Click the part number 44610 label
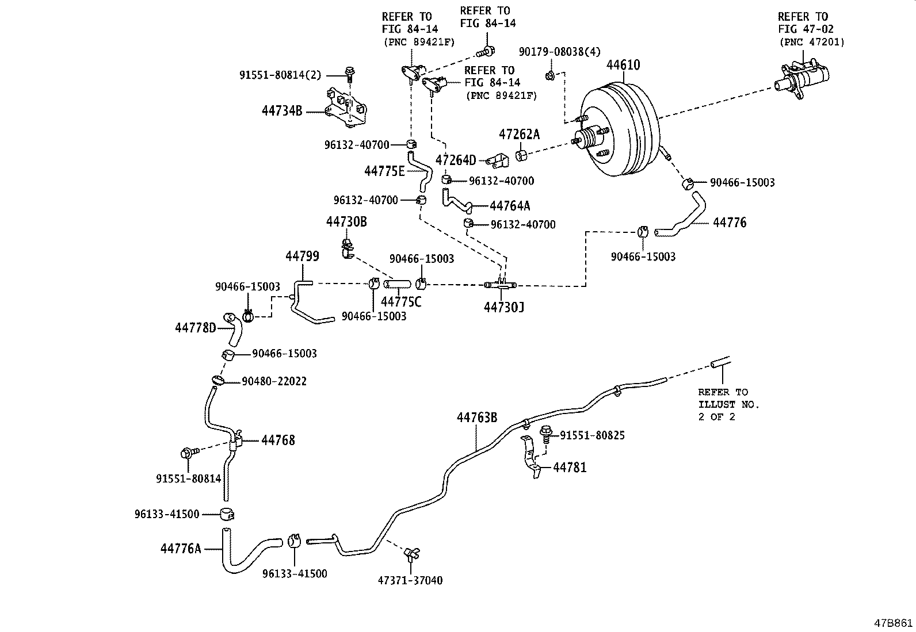(623, 65)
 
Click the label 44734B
(281, 111)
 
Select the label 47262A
(519, 135)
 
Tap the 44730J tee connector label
(503, 307)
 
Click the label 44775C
(400, 301)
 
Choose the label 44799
(302, 256)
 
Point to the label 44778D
(195, 328)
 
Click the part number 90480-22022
(274, 381)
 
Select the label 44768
(278, 441)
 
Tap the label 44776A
(181, 549)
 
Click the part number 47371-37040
(410, 580)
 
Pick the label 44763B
(477, 417)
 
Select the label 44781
(570, 468)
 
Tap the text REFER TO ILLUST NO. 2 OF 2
(728, 404)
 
